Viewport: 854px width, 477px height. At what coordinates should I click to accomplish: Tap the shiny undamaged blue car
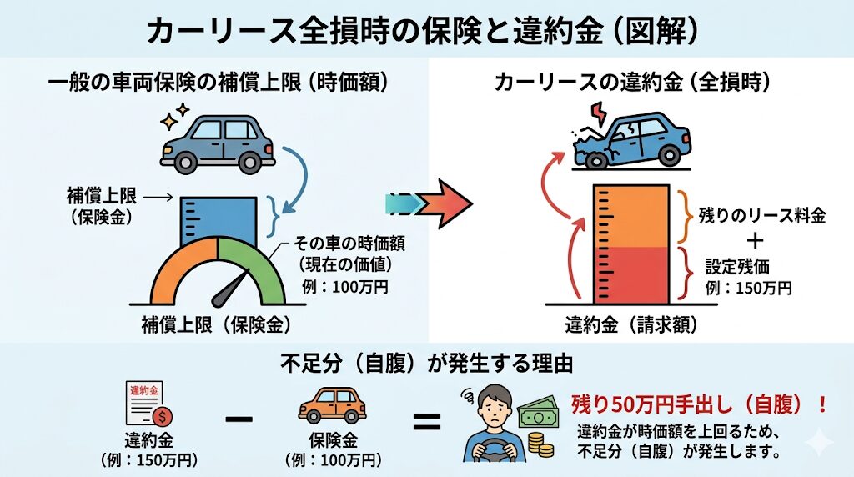click(218, 143)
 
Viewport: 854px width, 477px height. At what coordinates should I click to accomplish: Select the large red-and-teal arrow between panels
click(429, 204)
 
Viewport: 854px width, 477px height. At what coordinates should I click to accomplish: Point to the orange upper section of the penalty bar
click(631, 217)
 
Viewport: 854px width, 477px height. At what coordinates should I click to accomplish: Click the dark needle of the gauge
click(229, 289)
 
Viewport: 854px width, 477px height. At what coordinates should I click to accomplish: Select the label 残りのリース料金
click(762, 216)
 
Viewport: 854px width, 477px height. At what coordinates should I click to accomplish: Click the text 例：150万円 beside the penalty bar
click(748, 288)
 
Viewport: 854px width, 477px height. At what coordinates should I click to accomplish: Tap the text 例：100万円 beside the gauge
click(345, 286)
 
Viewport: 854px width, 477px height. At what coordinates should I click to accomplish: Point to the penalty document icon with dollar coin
click(148, 404)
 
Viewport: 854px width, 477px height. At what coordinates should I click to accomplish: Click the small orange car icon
click(332, 405)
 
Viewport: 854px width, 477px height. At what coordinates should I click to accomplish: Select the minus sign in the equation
click(238, 419)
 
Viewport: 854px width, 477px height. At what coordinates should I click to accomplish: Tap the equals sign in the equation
click(426, 420)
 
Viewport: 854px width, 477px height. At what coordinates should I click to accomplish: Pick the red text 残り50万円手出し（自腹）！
click(700, 404)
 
